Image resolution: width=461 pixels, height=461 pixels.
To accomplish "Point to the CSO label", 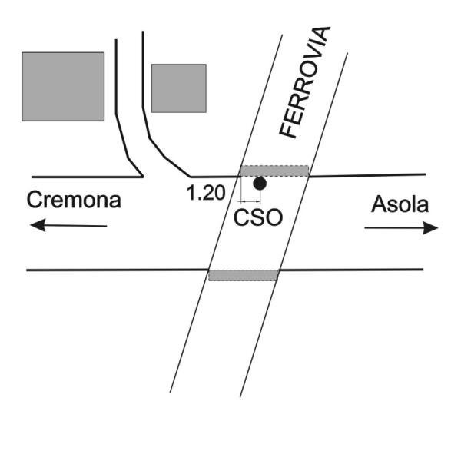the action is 257,217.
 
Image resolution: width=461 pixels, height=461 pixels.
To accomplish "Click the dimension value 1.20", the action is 206,192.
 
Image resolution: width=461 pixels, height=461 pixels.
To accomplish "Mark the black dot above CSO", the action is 260,184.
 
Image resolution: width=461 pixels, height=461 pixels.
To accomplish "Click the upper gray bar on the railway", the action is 274,171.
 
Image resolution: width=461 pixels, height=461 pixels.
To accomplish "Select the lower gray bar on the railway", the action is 243,275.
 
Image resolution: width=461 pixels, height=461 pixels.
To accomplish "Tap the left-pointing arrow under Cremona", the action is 69,225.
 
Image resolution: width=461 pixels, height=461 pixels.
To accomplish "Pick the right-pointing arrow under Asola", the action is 401,228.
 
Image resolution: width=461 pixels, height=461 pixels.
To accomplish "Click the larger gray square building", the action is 63,86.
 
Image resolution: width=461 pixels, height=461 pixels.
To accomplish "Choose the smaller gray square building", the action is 178,88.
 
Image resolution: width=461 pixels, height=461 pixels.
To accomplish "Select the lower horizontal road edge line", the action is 115,270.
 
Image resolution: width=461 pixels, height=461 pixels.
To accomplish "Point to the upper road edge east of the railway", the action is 369,175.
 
